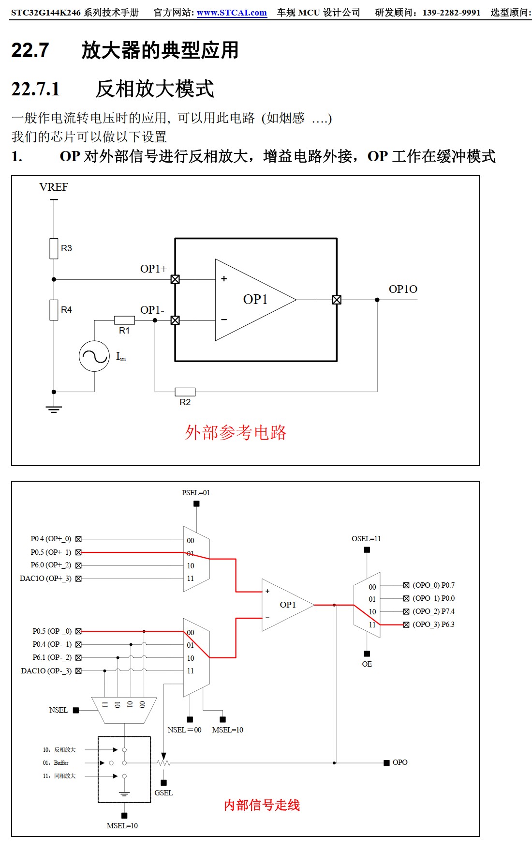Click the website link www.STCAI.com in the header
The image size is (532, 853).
(232, 13)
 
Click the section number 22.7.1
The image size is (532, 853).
(35, 89)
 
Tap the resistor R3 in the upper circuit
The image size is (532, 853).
(54, 248)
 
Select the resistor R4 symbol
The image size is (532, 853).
(54, 310)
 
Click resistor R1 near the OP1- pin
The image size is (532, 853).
(124, 320)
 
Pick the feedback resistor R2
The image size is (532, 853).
(185, 392)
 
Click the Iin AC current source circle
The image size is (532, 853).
(94, 356)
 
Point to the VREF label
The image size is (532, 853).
(54, 187)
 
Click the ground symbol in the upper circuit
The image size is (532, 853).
(54, 409)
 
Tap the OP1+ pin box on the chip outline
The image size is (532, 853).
(175, 279)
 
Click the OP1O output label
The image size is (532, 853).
(403, 289)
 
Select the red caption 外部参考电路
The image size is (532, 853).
(236, 432)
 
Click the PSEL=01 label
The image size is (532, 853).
(196, 493)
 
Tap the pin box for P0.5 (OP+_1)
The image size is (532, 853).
(78, 552)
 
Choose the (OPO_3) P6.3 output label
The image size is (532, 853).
(433, 625)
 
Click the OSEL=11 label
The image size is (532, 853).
(366, 539)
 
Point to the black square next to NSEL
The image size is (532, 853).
(76, 710)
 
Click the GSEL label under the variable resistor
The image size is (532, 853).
(163, 793)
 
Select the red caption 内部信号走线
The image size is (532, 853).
(262, 805)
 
